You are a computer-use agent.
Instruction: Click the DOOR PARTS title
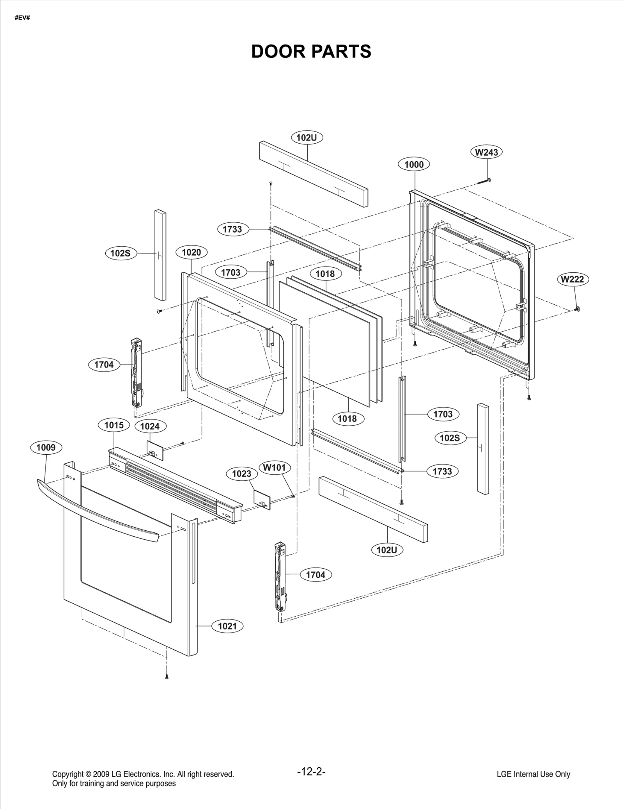tap(311, 52)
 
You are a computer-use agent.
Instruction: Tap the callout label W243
tap(486, 152)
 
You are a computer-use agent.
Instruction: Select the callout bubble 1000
tap(414, 165)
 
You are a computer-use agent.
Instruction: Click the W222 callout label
tap(573, 279)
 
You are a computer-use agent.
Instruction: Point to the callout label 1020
tap(191, 252)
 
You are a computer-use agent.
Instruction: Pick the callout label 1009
tap(46, 448)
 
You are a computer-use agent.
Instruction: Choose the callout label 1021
tap(227, 626)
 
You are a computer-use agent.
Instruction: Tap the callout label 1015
tap(114, 425)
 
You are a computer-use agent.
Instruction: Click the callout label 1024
tap(150, 427)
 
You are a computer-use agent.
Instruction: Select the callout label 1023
tap(242, 474)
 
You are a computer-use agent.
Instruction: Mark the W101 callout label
tap(275, 468)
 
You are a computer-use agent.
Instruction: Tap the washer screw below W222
tap(577, 309)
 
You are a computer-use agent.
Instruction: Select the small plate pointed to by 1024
tap(155, 451)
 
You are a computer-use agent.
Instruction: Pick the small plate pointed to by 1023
tap(262, 500)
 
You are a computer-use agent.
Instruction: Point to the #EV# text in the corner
tap(22, 18)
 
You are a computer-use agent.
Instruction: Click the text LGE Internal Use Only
tap(533, 774)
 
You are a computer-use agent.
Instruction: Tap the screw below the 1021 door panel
tap(167, 677)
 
